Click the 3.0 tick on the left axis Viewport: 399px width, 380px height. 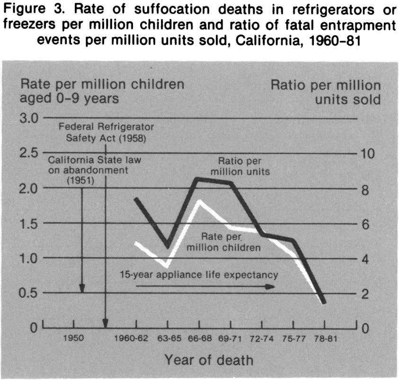point(29,118)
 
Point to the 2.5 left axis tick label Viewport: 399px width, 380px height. point(29,153)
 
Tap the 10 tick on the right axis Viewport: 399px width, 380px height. point(368,154)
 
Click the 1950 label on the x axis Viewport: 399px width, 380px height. point(74,339)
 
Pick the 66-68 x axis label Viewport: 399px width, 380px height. point(199,339)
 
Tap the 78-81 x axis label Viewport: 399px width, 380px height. point(324,339)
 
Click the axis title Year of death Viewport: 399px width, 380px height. point(209,360)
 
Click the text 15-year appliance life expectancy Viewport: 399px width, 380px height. point(198,274)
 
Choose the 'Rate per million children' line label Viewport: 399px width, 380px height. point(224,241)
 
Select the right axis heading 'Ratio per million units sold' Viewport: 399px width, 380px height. point(325,92)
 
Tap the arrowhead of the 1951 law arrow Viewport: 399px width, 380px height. point(82,289)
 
